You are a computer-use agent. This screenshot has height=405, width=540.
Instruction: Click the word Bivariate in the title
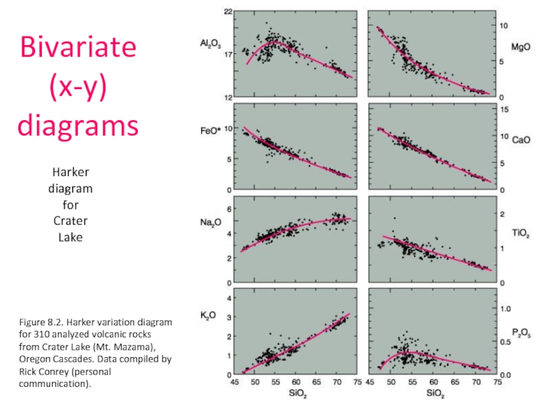tap(78, 48)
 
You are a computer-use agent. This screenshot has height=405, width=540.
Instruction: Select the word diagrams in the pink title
tap(78, 126)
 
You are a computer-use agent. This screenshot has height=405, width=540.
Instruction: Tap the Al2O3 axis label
tap(210, 45)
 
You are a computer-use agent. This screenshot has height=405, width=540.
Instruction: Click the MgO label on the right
tap(520, 47)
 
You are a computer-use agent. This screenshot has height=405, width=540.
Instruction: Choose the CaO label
tap(520, 140)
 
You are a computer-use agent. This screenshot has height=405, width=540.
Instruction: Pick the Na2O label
tap(210, 222)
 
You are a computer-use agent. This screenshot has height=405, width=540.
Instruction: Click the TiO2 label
tap(520, 234)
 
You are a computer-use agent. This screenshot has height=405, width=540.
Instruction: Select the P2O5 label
tap(520, 331)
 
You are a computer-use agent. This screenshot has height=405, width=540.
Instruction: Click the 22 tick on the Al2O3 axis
tap(228, 12)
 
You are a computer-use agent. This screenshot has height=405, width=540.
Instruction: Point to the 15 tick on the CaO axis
tap(503, 109)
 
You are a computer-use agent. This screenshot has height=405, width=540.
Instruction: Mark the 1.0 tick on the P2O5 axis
tap(506, 308)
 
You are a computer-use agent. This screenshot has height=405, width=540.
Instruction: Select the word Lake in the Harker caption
tap(70, 237)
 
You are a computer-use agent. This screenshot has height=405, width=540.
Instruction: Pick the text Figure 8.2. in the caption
tap(40, 322)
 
